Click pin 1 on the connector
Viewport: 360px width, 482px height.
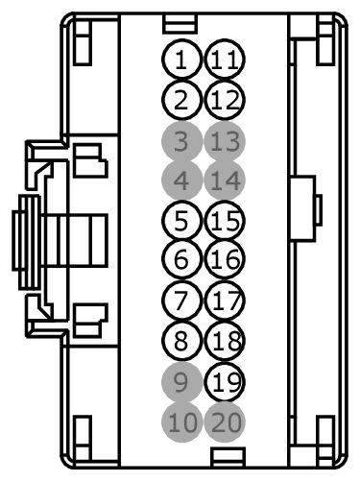180,60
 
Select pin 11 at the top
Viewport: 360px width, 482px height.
225,60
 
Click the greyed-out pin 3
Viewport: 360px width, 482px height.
180,143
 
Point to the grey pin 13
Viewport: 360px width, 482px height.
225,143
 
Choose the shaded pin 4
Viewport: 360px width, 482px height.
180,180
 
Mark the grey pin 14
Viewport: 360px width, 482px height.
225,180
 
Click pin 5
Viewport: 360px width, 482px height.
180,222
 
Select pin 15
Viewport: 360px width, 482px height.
225,222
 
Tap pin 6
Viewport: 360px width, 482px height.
180,258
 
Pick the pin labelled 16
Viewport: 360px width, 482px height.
225,258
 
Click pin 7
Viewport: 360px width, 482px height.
180,300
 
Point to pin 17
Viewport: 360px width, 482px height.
225,300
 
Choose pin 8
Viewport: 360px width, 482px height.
180,339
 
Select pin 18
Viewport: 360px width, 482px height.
225,339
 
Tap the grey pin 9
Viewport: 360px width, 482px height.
180,383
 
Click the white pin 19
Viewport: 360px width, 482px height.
225,383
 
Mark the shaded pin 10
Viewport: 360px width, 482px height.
180,420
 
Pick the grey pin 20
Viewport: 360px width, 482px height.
225,420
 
